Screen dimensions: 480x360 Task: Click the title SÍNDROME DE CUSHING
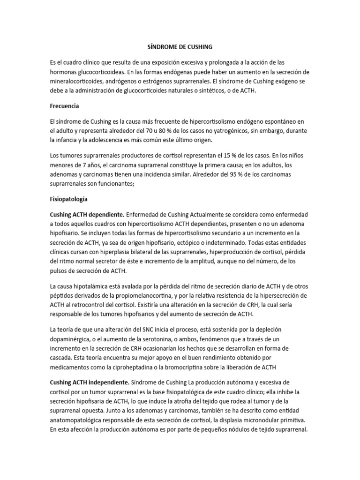pos(177,47)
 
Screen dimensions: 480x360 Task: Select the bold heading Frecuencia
pos(65,106)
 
